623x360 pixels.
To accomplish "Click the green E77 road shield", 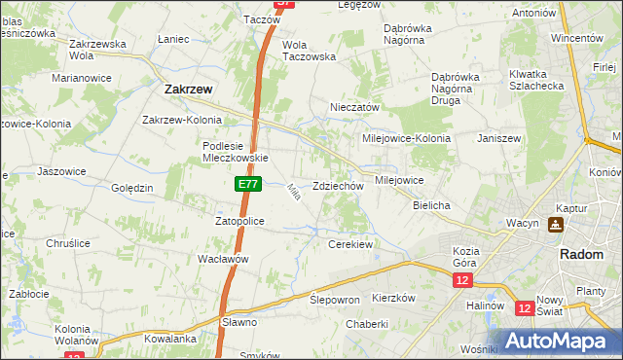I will (x=247, y=184).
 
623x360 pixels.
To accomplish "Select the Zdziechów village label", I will (x=338, y=186).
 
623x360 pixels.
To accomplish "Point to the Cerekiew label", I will (x=351, y=244).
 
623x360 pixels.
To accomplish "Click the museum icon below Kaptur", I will (x=556, y=225).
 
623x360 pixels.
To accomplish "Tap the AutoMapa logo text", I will (x=563, y=342).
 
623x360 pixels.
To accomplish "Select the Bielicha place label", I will (x=431, y=206).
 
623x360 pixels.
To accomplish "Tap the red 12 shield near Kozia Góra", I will (x=461, y=280).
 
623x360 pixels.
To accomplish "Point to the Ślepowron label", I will (x=335, y=300).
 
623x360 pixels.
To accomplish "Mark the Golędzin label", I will (x=132, y=188).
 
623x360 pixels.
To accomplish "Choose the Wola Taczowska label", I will (x=309, y=51).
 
